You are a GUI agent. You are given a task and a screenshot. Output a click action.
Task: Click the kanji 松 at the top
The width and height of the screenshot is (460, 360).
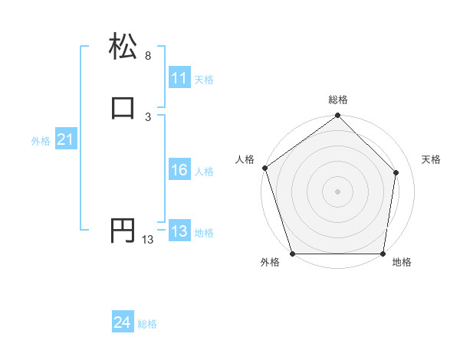click(x=123, y=47)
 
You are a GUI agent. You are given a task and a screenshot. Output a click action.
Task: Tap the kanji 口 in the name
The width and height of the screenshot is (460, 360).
click(x=123, y=108)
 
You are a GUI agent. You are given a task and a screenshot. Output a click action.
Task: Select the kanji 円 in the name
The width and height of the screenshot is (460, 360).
click(x=123, y=231)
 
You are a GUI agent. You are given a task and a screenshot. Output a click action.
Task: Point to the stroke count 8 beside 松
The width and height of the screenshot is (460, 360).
click(x=148, y=56)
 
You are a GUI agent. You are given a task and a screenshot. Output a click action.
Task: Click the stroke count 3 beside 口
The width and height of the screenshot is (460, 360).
click(x=148, y=116)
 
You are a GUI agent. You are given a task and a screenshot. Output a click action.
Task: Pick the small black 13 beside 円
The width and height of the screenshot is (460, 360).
click(x=148, y=240)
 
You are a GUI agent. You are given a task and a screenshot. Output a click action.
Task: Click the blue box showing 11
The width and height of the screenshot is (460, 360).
click(x=179, y=78)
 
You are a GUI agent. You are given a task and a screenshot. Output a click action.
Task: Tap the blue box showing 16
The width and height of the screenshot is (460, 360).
click(x=179, y=171)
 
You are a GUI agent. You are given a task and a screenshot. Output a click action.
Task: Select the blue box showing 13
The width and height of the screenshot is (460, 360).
click(x=179, y=232)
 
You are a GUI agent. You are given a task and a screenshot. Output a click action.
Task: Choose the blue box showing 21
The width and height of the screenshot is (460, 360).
click(x=65, y=140)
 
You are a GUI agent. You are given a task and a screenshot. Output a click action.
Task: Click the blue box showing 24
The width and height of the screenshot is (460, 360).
click(x=122, y=323)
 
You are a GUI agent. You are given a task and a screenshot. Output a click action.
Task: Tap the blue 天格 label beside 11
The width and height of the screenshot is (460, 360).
click(x=204, y=80)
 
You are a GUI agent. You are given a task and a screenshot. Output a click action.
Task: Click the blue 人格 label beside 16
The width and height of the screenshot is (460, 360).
click(x=204, y=172)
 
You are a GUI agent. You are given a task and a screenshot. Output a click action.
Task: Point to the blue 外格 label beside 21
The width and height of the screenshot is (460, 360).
click(x=41, y=141)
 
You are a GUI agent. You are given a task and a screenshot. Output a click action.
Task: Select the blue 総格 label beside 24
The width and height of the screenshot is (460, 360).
click(x=147, y=325)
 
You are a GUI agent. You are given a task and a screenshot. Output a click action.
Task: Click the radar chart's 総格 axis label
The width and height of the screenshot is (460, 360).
click(x=337, y=100)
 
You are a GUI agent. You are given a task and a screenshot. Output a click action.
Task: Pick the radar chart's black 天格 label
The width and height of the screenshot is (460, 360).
click(x=432, y=159)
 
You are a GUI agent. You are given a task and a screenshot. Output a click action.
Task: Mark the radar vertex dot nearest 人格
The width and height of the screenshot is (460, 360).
click(x=264, y=168)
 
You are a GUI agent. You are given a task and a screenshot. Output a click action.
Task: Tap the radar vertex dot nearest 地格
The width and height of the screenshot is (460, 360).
click(x=383, y=254)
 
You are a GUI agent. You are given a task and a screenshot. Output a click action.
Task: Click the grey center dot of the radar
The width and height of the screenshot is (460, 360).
click(x=337, y=191)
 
